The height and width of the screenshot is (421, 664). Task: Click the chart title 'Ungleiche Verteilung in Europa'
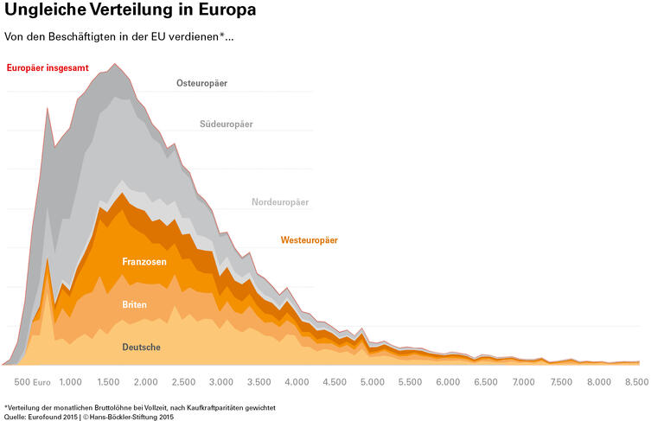[x=129, y=11]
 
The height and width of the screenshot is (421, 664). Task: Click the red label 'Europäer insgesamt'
[x=48, y=67]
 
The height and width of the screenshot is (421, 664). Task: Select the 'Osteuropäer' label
[x=201, y=84]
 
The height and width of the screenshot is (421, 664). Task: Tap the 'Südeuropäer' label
[x=226, y=124]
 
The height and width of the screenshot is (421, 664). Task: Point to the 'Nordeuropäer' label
[x=280, y=202]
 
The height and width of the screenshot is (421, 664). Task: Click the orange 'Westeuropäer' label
[x=309, y=239]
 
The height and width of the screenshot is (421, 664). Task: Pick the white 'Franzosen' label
[x=144, y=261]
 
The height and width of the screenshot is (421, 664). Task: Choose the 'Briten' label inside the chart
[x=134, y=305]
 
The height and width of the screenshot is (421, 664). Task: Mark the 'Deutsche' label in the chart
[x=141, y=348]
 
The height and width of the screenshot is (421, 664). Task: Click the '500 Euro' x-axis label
[x=34, y=381]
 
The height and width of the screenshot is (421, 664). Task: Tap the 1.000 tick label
[x=71, y=381]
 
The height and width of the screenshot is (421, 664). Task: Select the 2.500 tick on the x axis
[x=184, y=381]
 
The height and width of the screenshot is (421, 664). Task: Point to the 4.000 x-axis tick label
[x=297, y=381]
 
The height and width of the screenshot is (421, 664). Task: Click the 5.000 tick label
[x=373, y=381]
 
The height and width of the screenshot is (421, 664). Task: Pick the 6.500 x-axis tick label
[x=486, y=381]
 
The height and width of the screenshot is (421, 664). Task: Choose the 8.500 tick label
[x=636, y=381]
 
